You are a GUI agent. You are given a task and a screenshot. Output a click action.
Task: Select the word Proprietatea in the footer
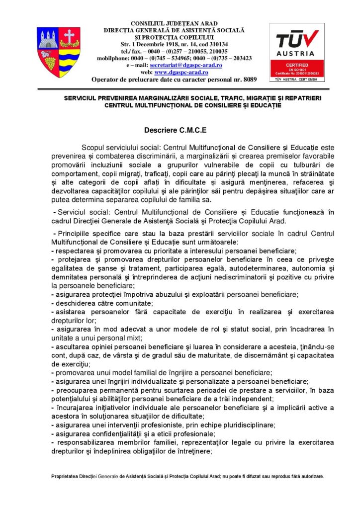(66, 476)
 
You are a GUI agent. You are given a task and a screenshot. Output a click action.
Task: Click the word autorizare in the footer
(310, 476)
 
